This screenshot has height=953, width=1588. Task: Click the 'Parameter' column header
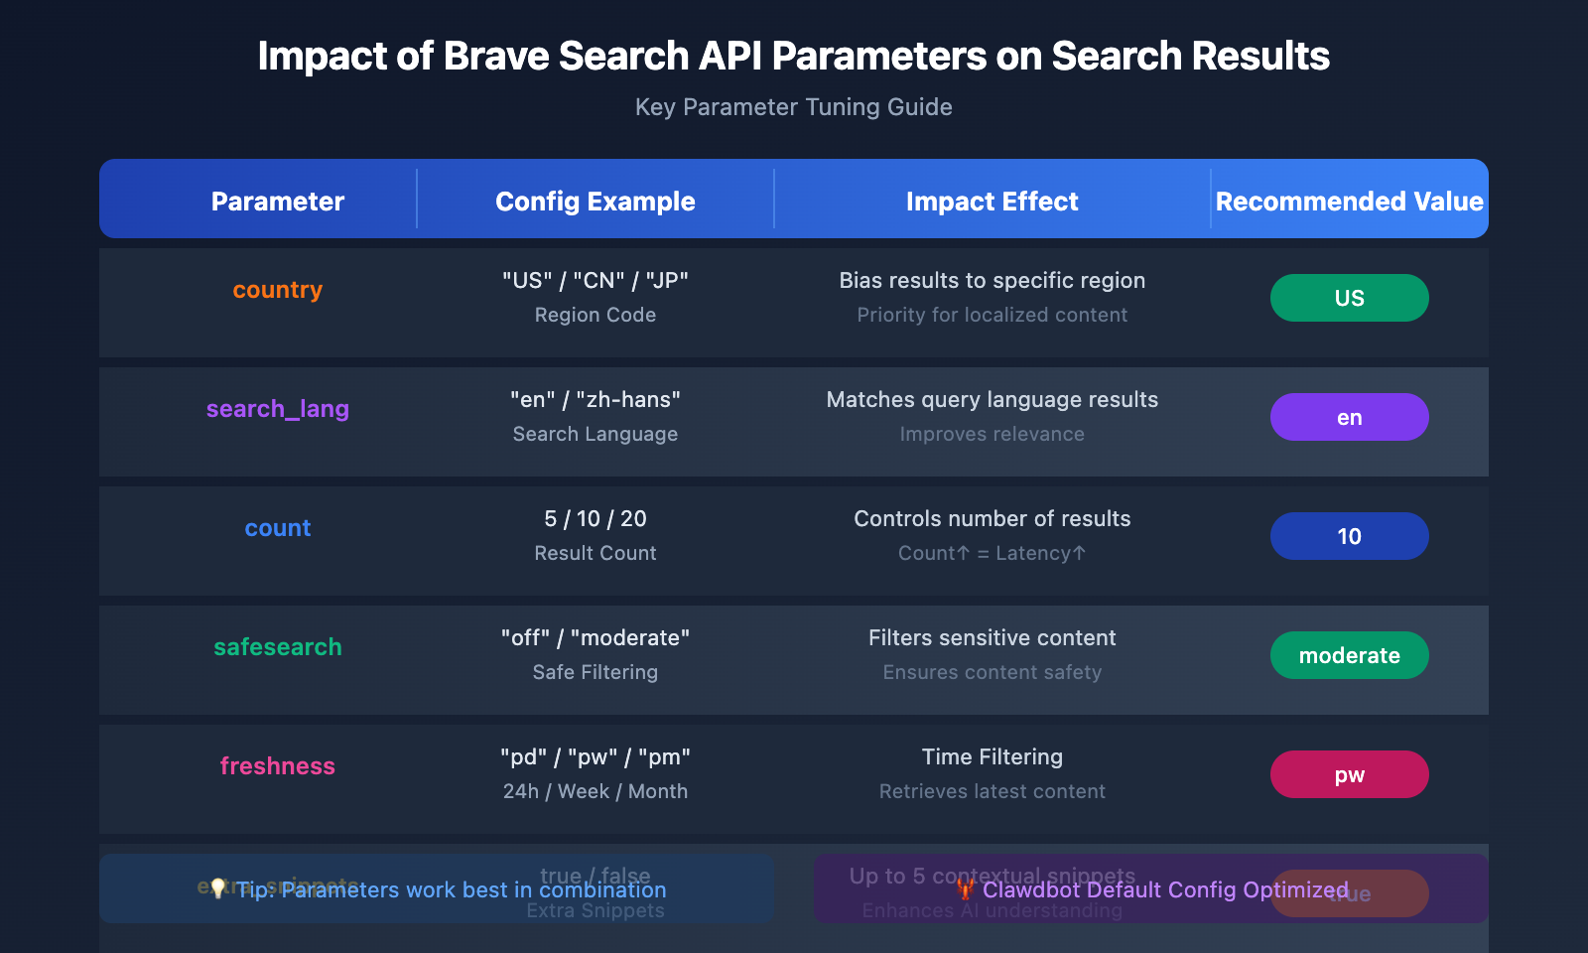[x=277, y=202]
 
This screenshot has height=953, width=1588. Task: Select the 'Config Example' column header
[x=595, y=202]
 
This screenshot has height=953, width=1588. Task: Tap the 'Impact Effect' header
[x=992, y=202]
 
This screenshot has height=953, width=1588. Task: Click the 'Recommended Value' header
[x=1349, y=202]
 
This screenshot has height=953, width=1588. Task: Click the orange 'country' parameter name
[x=277, y=290]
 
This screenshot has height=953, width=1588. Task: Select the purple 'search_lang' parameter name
[x=277, y=409]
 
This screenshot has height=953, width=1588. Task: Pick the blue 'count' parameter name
[x=277, y=528]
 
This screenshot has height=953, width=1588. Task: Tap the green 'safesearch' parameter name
[x=277, y=647]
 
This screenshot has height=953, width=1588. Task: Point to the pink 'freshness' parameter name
[x=277, y=766]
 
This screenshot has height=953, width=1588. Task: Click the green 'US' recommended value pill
[x=1349, y=298]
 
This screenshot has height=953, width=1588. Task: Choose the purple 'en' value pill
[x=1349, y=417]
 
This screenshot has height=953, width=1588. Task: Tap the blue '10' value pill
[x=1349, y=536]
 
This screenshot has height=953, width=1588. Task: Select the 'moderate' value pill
[x=1349, y=655]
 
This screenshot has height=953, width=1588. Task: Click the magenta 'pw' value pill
[x=1349, y=774]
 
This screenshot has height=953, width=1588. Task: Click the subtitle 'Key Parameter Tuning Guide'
[x=793, y=107]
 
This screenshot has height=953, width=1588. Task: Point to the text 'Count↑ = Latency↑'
[x=992, y=553]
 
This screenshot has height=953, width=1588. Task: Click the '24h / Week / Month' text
[x=595, y=791]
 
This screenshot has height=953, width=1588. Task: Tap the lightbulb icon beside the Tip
[x=217, y=888]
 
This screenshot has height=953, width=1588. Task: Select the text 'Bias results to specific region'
[x=992, y=281]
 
